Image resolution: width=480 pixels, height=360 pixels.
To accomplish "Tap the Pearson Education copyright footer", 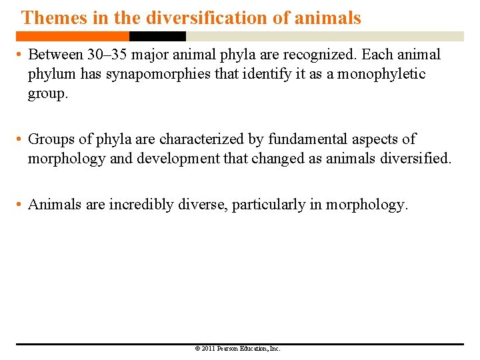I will [x=237, y=349].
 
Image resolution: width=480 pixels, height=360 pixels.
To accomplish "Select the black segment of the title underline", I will [x=157, y=37].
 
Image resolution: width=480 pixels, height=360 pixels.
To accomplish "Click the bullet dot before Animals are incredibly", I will [x=20, y=205].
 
